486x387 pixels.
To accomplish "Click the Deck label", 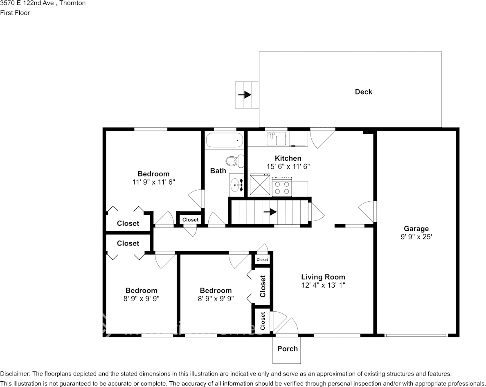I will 363,92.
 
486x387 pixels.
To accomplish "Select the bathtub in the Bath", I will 224,140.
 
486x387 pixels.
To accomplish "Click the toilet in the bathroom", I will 233,161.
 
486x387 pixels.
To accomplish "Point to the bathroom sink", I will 236,185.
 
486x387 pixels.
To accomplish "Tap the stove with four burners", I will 281,187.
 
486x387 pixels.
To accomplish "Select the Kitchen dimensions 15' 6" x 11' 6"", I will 288,166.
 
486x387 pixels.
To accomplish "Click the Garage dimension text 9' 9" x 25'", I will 416,237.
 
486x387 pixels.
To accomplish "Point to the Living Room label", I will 323,277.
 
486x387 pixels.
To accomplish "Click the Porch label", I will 287,349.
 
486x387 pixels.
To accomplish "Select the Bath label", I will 218,171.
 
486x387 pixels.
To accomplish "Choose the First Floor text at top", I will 15,13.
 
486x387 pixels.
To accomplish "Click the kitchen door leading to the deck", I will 322,137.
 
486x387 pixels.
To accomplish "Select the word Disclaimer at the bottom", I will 15,374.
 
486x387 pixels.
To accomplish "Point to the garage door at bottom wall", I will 416,335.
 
